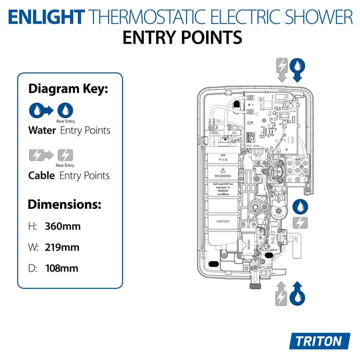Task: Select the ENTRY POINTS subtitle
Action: pos(182,38)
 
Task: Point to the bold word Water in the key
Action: pos(42,130)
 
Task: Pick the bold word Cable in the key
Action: pos(41,175)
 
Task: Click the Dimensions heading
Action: pos(64,204)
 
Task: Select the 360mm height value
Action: pos(63,227)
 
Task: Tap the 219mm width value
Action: pos(62,247)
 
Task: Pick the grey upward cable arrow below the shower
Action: pos(282,294)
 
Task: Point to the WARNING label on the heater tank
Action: pos(222,175)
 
